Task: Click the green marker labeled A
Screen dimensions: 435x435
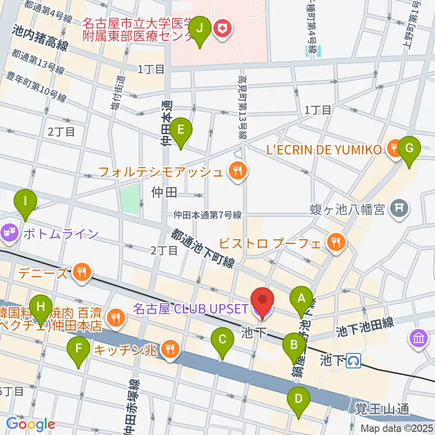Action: [301, 299]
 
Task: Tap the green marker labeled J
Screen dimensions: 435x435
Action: [200, 28]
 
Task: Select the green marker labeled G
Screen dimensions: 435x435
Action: [409, 148]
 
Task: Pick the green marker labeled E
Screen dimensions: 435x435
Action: [180, 130]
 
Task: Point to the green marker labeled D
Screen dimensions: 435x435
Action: [298, 399]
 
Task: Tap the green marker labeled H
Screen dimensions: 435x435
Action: [41, 306]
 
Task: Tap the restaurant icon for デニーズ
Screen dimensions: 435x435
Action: [82, 272]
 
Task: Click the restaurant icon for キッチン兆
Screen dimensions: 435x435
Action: [171, 348]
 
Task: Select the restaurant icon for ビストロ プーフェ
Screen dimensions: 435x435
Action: [336, 242]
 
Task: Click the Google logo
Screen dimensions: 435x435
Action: [31, 425]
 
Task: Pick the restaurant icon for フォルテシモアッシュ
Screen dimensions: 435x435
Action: [236, 172]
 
